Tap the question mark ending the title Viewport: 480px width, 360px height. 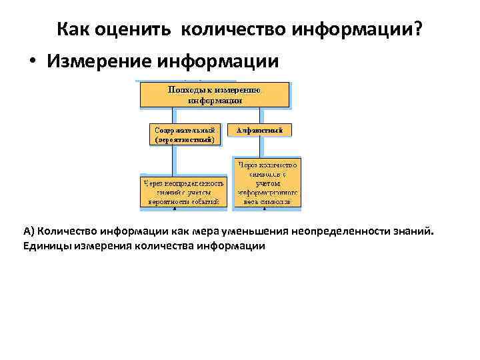pos(418,30)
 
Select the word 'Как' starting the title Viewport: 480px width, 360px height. pos(71,30)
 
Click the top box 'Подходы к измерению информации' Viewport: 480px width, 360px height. pos(214,95)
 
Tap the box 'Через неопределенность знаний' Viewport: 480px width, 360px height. pos(183,191)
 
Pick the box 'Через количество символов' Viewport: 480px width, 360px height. pos(267,181)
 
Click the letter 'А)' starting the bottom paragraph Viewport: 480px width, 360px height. pos(29,232)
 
